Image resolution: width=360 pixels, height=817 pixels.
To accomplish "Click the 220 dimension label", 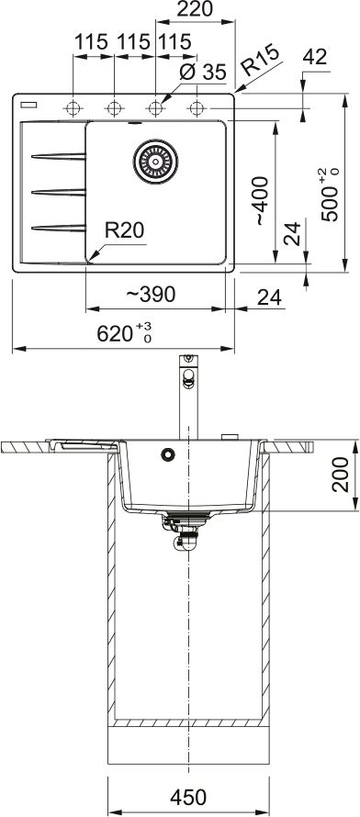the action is pos(195,9).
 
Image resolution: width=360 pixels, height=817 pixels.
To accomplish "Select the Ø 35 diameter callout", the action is pos(203,72).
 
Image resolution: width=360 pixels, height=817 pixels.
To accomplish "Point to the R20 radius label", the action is pos(124,229).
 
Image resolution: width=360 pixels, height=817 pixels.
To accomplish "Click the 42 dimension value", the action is pos(315,57).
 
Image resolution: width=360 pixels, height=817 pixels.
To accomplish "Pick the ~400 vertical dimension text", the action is pos(262,201).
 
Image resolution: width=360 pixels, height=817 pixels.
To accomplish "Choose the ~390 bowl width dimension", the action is pos(151,295).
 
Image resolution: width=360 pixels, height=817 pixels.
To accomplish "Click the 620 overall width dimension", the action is pos(124,332).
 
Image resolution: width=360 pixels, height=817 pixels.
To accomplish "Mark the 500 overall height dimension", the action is pos(330,196).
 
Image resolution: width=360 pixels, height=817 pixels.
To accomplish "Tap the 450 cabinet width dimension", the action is pos(188,797).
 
